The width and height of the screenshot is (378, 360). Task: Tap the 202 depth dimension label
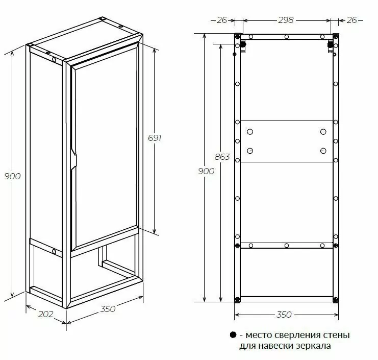pos(46,314)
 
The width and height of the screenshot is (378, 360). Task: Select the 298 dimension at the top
pos(286,20)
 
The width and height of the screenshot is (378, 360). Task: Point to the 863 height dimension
pos(222,157)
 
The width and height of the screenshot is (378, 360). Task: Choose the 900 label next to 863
pos(206,171)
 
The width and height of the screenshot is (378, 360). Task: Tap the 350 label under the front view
pos(283,315)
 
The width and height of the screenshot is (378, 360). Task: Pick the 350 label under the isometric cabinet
pos(108,309)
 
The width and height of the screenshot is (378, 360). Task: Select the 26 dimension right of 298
pos(351,20)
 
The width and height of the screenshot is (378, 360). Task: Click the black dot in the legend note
pos(233,335)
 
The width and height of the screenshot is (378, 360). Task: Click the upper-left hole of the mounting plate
pos(249,132)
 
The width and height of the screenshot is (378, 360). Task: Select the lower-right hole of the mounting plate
pos(323,151)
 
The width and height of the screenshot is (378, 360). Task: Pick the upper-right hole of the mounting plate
pos(323,132)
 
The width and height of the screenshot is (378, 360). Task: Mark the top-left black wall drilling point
pos(243,45)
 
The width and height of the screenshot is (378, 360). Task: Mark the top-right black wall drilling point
pos(330,45)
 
